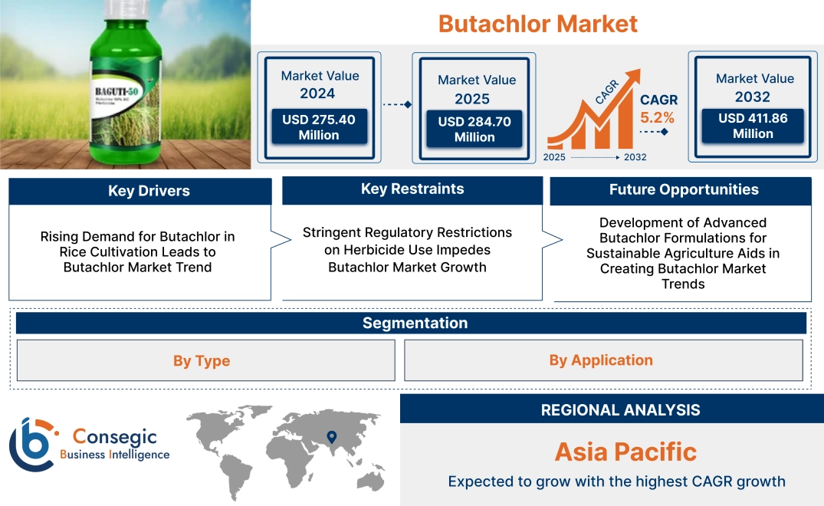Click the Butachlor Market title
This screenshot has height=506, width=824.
[537, 24]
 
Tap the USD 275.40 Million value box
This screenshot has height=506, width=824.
[318, 127]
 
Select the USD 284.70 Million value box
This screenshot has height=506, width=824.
[474, 129]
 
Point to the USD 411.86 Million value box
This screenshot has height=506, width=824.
[753, 126]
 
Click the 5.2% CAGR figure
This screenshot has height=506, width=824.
[658, 117]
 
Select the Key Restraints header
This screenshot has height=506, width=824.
[412, 189]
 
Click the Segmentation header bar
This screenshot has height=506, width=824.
[415, 323]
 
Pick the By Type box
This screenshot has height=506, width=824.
[202, 360]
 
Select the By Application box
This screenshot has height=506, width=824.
[601, 360]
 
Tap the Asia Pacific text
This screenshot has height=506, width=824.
[625, 452]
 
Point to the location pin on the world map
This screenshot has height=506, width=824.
[331, 438]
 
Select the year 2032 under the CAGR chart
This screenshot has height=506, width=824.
[635, 157]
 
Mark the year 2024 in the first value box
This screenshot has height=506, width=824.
[317, 94]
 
